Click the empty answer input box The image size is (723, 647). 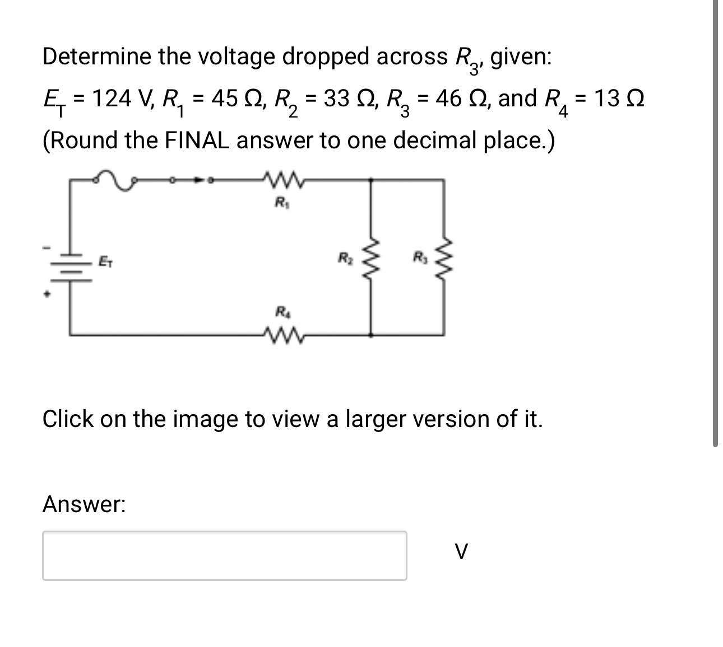pyautogui.click(x=224, y=555)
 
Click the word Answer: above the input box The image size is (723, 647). pyautogui.click(x=84, y=505)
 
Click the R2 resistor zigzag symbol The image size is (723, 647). pyautogui.click(x=370, y=258)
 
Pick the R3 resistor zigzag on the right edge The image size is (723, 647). pyautogui.click(x=446, y=258)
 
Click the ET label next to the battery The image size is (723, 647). pyautogui.click(x=104, y=261)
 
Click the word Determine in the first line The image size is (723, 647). pyautogui.click(x=96, y=57)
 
